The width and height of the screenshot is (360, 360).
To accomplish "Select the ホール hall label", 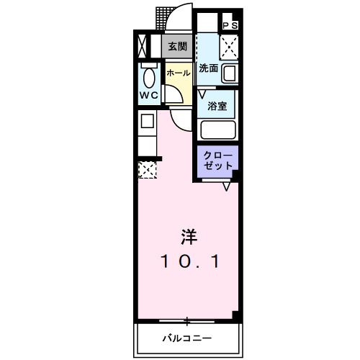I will pyautogui.click(x=178, y=73).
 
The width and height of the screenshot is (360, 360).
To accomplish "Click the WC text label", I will pyautogui.click(x=148, y=95).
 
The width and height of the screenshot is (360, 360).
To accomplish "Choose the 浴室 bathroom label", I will pyautogui.click(x=218, y=105).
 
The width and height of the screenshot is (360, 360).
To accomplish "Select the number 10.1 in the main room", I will pyautogui.click(x=189, y=261).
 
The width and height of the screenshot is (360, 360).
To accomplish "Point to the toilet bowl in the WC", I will pyautogui.click(x=149, y=76).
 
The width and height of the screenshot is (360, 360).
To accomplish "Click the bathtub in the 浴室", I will pyautogui.click(x=220, y=130).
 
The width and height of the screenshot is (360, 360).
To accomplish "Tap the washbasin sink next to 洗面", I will pyautogui.click(x=230, y=73).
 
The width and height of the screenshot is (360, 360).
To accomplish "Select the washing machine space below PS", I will pyautogui.click(x=230, y=47).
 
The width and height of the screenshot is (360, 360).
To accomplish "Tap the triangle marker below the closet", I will pyautogui.click(x=226, y=186).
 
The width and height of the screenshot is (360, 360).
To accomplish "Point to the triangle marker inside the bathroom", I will pyautogui.click(x=203, y=93).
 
